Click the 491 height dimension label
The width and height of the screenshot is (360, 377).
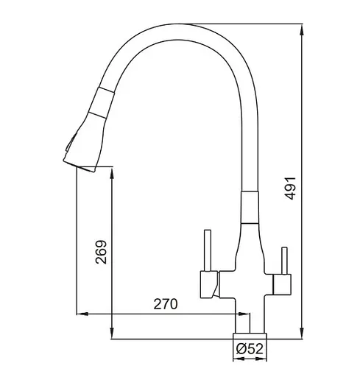click(x=290, y=188)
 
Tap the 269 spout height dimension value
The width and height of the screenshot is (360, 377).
click(x=101, y=252)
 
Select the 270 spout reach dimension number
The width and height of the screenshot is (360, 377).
click(x=165, y=304)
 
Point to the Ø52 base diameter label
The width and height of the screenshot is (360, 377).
click(x=250, y=348)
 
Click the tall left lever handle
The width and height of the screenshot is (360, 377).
click(x=208, y=250)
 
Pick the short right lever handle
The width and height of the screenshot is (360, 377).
click(x=284, y=261)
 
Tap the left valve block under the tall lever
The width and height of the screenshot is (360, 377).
click(x=209, y=284)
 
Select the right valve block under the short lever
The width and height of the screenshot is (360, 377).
click(x=282, y=284)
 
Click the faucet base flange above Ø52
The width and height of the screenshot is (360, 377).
click(x=250, y=336)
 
